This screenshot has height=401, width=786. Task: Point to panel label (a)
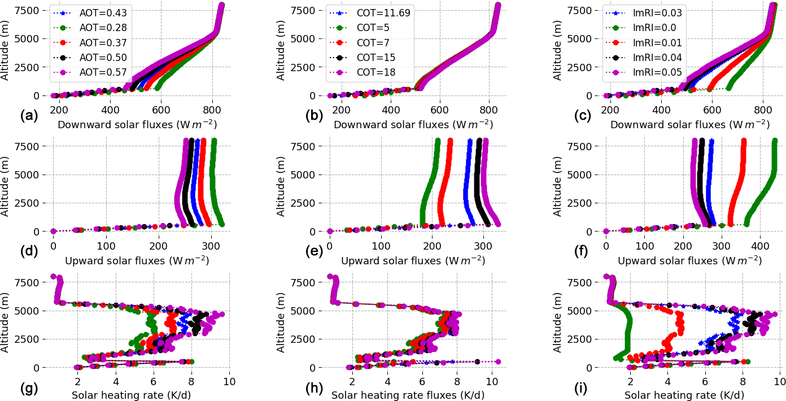pyautogui.click(x=29, y=116)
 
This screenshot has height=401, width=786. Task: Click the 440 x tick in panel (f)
pyautogui.click(x=759, y=246)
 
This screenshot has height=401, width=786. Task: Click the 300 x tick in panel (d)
pyautogui.click(x=211, y=246)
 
